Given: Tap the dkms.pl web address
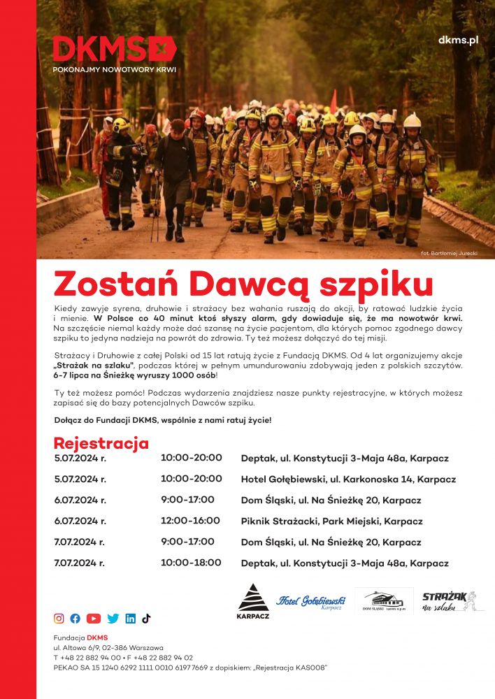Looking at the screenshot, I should [x=458, y=40].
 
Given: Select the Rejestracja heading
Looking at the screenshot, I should [x=101, y=443].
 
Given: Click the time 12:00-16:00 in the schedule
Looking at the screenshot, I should [x=190, y=521].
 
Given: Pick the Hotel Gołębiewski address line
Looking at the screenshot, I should [x=348, y=480].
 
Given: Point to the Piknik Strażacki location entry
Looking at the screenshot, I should [x=331, y=521].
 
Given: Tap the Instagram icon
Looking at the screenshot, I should [x=59, y=618].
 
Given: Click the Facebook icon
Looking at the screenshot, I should [x=76, y=618].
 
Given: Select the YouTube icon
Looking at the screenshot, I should [x=94, y=618].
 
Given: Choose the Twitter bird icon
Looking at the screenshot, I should [x=113, y=618].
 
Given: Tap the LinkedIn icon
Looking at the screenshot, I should [x=131, y=618].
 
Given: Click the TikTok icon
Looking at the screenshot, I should [x=146, y=618].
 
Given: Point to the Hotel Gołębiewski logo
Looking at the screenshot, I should [x=311, y=601].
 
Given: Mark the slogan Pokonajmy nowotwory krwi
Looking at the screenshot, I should [x=115, y=70].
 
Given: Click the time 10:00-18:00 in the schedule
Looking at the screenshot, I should [x=191, y=563].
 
